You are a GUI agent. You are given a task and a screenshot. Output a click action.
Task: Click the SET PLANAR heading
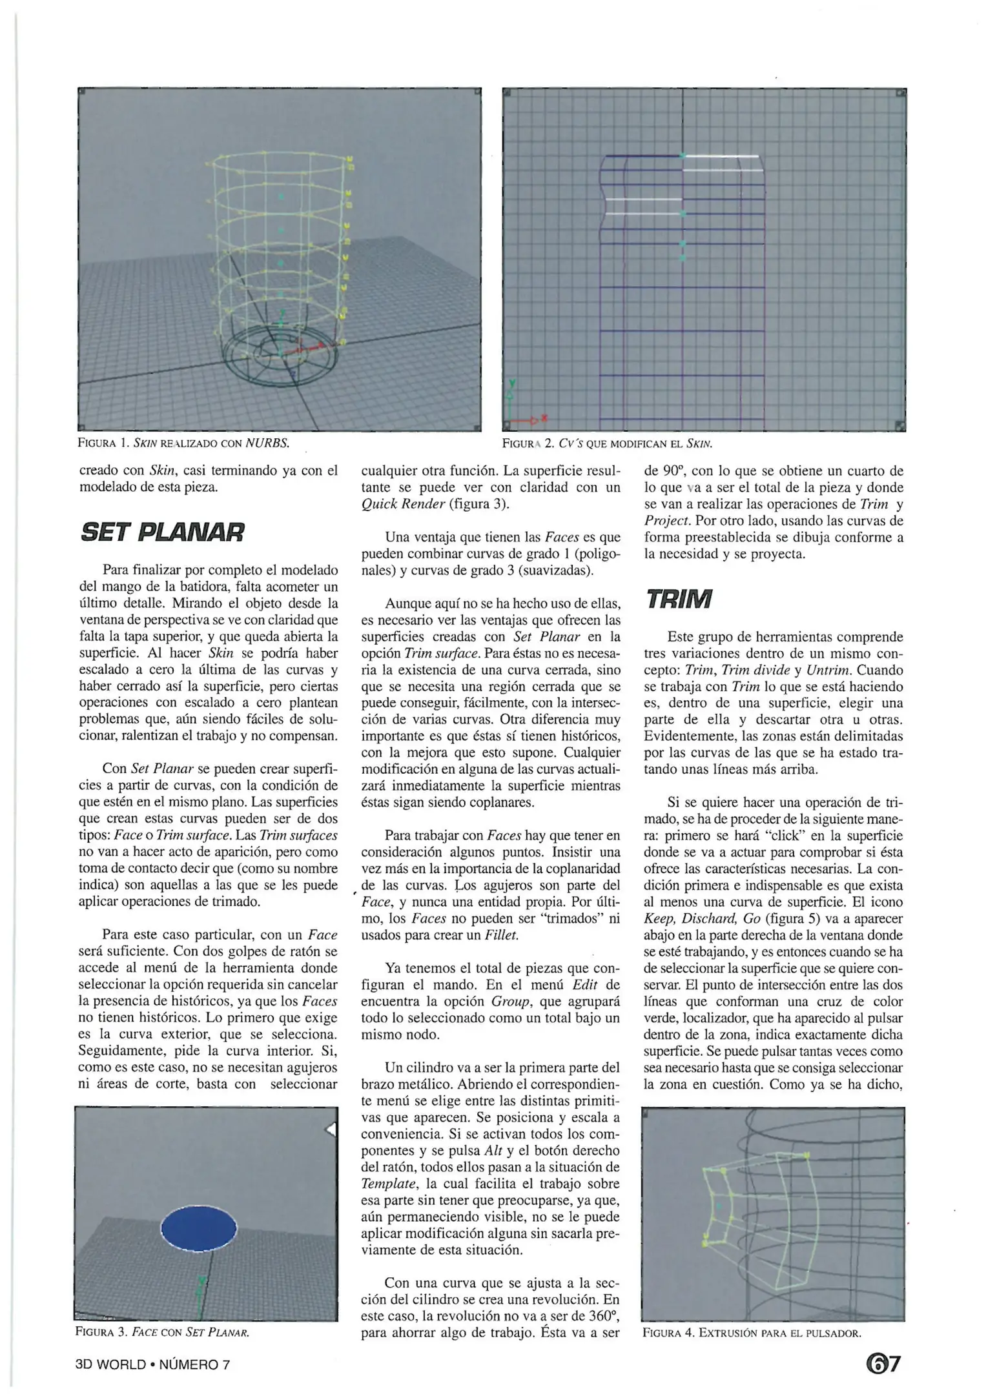point(163,533)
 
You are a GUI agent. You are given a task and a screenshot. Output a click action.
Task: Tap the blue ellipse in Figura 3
point(199,1228)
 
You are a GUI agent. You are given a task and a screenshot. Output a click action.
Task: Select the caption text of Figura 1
point(183,443)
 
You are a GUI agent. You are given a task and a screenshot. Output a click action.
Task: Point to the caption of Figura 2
point(607,444)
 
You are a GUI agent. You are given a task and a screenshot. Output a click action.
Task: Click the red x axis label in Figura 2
point(545,418)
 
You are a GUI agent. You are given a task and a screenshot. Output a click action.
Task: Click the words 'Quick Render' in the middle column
point(402,504)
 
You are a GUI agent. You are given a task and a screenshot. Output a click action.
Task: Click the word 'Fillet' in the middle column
point(502,935)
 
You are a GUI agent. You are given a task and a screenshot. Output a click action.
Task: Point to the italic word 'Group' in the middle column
point(511,1002)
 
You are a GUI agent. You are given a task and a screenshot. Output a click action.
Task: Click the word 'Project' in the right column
point(666,521)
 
